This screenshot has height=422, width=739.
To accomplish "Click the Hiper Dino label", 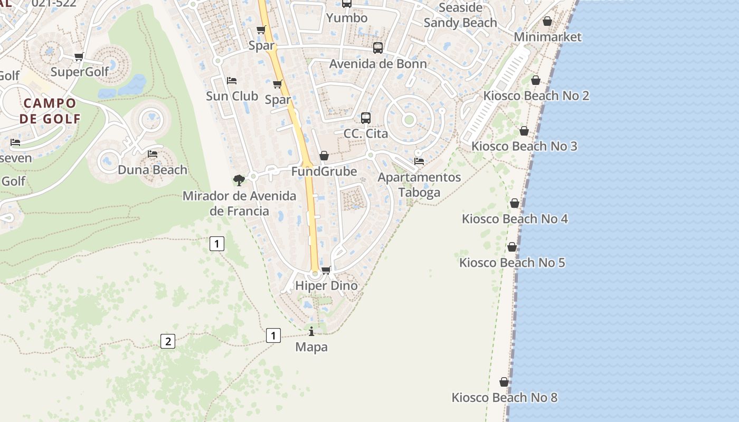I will [x=326, y=285].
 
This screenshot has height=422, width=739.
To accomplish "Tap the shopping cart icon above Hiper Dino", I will [x=326, y=270].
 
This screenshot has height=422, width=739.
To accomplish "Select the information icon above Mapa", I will [x=311, y=331].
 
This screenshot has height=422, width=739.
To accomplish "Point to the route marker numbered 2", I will [x=167, y=341].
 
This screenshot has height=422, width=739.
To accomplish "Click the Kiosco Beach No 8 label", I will [x=504, y=397].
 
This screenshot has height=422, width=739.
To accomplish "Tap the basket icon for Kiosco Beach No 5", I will [x=512, y=247].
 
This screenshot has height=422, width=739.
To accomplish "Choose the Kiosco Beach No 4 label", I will [x=515, y=218].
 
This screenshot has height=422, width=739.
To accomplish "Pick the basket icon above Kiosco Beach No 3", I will [x=524, y=131].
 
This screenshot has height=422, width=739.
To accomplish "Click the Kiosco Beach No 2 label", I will [x=536, y=96].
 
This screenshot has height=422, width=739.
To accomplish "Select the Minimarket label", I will [x=547, y=37].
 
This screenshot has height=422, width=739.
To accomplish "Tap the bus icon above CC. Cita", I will [x=366, y=118].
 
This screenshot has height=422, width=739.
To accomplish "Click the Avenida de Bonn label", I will [x=378, y=64].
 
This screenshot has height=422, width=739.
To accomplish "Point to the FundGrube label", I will [x=324, y=171].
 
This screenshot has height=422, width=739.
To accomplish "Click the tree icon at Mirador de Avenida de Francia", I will [x=239, y=180].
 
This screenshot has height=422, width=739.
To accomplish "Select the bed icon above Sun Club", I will [x=231, y=81].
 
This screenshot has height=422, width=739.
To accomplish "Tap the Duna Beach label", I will [x=153, y=170].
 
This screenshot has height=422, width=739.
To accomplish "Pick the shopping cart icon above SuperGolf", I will [x=79, y=56].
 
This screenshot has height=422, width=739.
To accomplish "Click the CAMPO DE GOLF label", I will [x=50, y=111].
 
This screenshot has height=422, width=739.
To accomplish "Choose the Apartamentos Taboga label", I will [x=419, y=185].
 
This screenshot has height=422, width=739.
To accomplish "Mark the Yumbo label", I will [x=347, y=18].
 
